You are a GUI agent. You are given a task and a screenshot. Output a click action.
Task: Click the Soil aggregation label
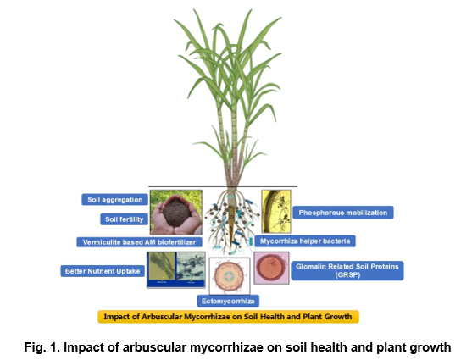point(114,200)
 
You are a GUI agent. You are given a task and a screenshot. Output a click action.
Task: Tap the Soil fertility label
point(124,219)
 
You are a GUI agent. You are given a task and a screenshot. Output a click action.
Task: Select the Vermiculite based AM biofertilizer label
point(139,242)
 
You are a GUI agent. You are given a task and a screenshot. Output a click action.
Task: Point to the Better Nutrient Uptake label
point(103,271)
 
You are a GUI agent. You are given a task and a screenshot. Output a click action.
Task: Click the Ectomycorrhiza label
point(228,301)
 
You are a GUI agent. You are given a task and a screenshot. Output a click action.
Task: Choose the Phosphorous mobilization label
point(343,213)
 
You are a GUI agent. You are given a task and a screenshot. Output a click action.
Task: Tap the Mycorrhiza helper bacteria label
point(305,241)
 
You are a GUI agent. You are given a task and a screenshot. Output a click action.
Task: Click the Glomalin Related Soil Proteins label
point(347,270)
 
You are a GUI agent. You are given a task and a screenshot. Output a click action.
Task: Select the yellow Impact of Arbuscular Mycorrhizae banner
point(228,317)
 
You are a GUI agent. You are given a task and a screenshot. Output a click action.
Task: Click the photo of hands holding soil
point(176,213)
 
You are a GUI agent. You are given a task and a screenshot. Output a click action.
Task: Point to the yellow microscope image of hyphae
point(276,211)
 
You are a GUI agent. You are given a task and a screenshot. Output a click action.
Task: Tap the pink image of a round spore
point(271,268)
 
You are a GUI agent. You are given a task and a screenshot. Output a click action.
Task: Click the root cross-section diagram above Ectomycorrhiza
point(230,276)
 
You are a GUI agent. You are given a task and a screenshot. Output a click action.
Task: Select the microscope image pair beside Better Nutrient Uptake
point(176,269)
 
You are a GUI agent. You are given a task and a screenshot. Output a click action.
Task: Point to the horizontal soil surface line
point(223,186)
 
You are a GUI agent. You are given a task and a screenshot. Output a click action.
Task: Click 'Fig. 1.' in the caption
point(42,347)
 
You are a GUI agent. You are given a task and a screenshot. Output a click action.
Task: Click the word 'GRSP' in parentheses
point(347,274)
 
